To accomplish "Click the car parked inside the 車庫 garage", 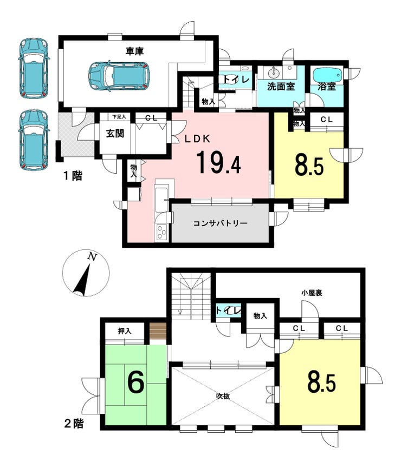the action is [x=119, y=75].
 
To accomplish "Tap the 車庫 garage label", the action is [x=134, y=51].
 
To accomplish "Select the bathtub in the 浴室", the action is [x=327, y=75].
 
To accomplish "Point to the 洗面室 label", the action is [x=281, y=87].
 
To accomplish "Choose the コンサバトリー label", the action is [x=220, y=223].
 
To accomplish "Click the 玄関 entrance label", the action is [x=115, y=134].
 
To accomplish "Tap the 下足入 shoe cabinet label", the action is [x=119, y=117].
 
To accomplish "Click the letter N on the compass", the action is [x=92, y=257].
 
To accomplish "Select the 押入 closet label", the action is [x=125, y=331].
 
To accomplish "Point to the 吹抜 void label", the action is [x=223, y=396].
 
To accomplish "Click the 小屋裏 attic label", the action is [x=312, y=293].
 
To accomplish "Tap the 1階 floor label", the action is [x=73, y=176].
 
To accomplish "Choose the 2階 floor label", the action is [x=74, y=424].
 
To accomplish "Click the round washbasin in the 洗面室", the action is [x=274, y=72].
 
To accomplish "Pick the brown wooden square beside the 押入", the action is [x=158, y=331].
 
